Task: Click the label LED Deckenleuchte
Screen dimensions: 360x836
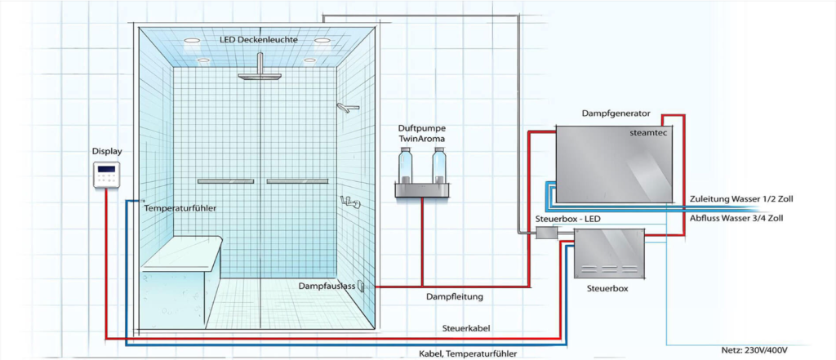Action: tap(259, 40)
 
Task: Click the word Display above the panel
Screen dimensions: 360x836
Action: tap(107, 152)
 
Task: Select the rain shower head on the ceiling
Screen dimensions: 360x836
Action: tap(259, 76)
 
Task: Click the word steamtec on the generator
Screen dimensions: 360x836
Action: tap(650, 131)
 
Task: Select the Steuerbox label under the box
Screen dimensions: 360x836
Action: tap(608, 289)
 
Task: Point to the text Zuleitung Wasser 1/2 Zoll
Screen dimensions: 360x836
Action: tap(741, 198)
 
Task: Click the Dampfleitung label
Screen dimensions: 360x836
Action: tap(456, 297)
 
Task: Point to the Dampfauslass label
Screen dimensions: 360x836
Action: tap(325, 287)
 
